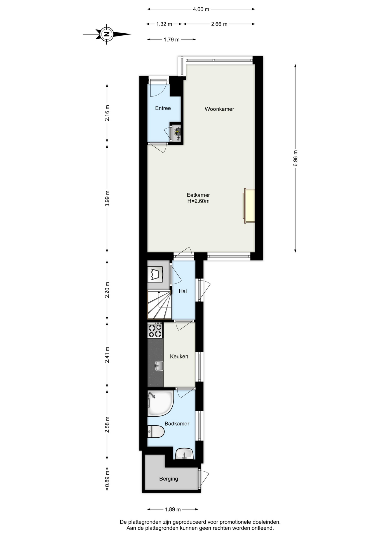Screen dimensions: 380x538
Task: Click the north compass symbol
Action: [x=106, y=34]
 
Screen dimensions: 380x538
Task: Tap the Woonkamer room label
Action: [x=219, y=109]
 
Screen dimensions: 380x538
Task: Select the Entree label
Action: [x=163, y=108]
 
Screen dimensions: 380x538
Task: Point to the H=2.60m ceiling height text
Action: [x=198, y=201]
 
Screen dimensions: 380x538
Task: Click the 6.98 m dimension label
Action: [x=295, y=158]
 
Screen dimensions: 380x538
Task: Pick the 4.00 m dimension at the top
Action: [x=201, y=9]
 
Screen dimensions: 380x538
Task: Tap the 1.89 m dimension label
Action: [x=173, y=509]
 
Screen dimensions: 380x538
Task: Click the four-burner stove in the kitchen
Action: [x=155, y=330]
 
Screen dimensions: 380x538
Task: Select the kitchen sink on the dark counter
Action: [x=159, y=366]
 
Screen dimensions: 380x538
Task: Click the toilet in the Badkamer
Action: [x=156, y=432]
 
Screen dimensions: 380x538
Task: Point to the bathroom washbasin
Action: [x=184, y=454]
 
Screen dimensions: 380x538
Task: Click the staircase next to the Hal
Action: [x=159, y=305]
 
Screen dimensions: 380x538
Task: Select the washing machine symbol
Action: [x=155, y=274]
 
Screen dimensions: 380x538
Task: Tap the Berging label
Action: [x=169, y=479]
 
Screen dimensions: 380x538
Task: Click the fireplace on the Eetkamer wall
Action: [x=249, y=206]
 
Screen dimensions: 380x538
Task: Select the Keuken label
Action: [x=179, y=356]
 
